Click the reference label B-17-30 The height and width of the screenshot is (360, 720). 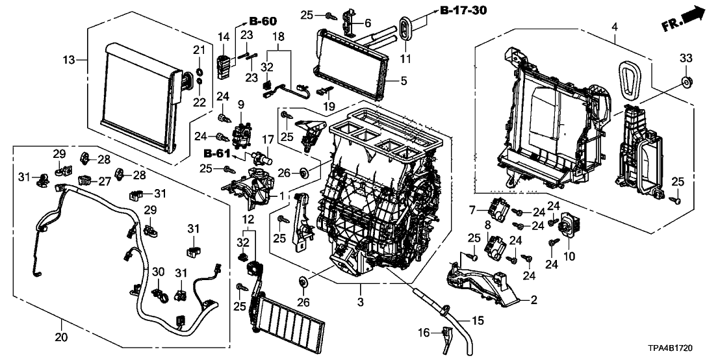pyautogui.click(x=462, y=11)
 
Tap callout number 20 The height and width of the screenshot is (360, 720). pyautogui.click(x=61, y=320)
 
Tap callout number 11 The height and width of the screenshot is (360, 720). pyautogui.click(x=408, y=59)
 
